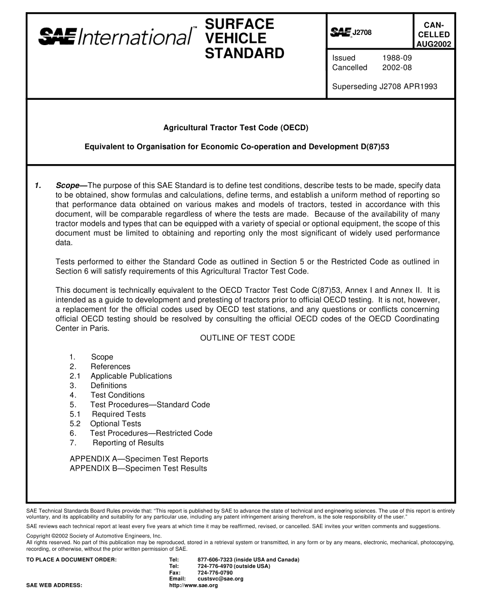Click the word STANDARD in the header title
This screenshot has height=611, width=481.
coord(245,53)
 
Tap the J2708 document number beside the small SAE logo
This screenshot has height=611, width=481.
coord(362,33)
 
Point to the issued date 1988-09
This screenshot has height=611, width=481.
coord(397,58)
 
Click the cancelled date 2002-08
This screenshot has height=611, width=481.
coord(397,67)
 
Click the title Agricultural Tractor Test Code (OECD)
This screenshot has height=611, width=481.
coord(235,128)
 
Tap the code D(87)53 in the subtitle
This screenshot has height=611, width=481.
coord(374,147)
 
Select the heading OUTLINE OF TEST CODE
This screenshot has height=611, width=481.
coord(248,338)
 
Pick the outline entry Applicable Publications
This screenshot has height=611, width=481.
coord(131,376)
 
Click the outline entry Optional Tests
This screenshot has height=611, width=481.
coord(115,424)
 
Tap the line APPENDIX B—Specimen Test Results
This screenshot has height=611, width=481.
coord(138,469)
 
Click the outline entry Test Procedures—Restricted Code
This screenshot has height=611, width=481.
coord(151,433)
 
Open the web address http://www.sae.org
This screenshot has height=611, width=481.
coord(193,585)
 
